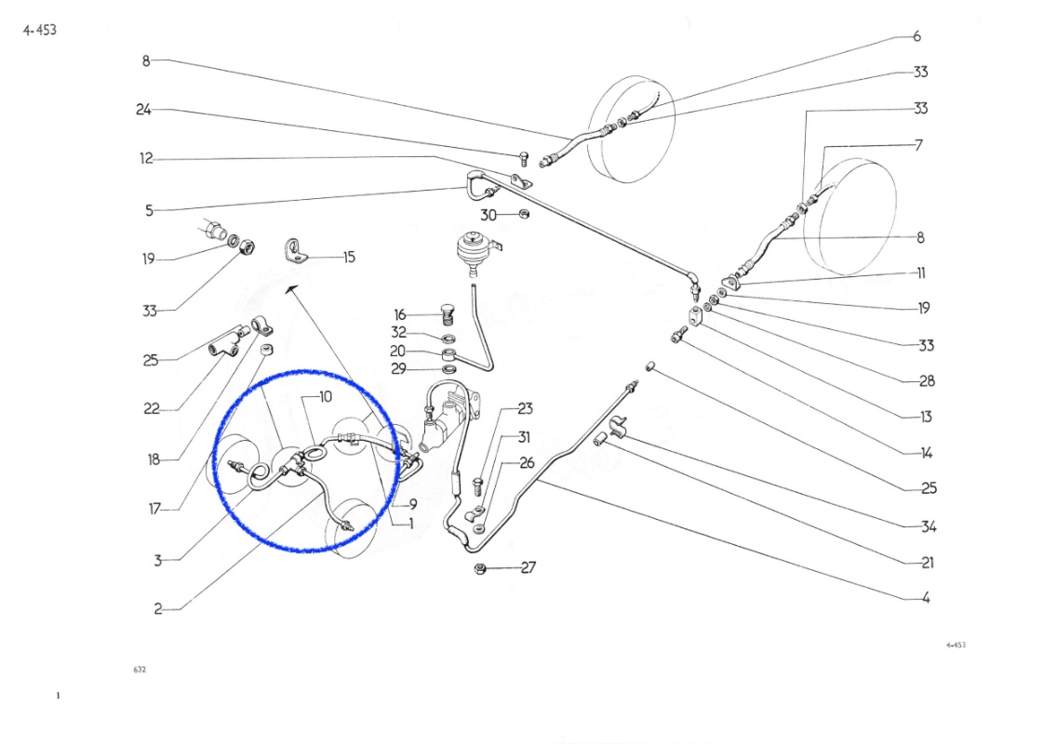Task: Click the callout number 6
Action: click(x=917, y=36)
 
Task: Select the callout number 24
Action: click(x=143, y=109)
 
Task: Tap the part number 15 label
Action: click(x=349, y=257)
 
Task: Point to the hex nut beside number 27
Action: click(x=481, y=569)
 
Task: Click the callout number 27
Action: click(x=528, y=567)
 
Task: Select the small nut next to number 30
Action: click(x=524, y=214)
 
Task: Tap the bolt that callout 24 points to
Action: click(x=524, y=158)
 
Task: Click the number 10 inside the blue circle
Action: click(x=326, y=397)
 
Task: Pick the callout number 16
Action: click(x=400, y=314)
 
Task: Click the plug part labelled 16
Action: click(x=446, y=314)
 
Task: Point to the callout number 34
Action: click(x=929, y=526)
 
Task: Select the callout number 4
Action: click(x=926, y=598)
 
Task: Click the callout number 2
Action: click(x=158, y=608)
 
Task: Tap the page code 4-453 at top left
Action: click(x=40, y=30)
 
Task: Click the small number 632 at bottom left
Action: click(x=140, y=670)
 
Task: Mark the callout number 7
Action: click(x=918, y=145)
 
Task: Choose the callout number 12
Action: click(x=146, y=158)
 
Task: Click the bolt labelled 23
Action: click(x=478, y=485)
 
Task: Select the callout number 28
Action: click(x=928, y=380)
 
